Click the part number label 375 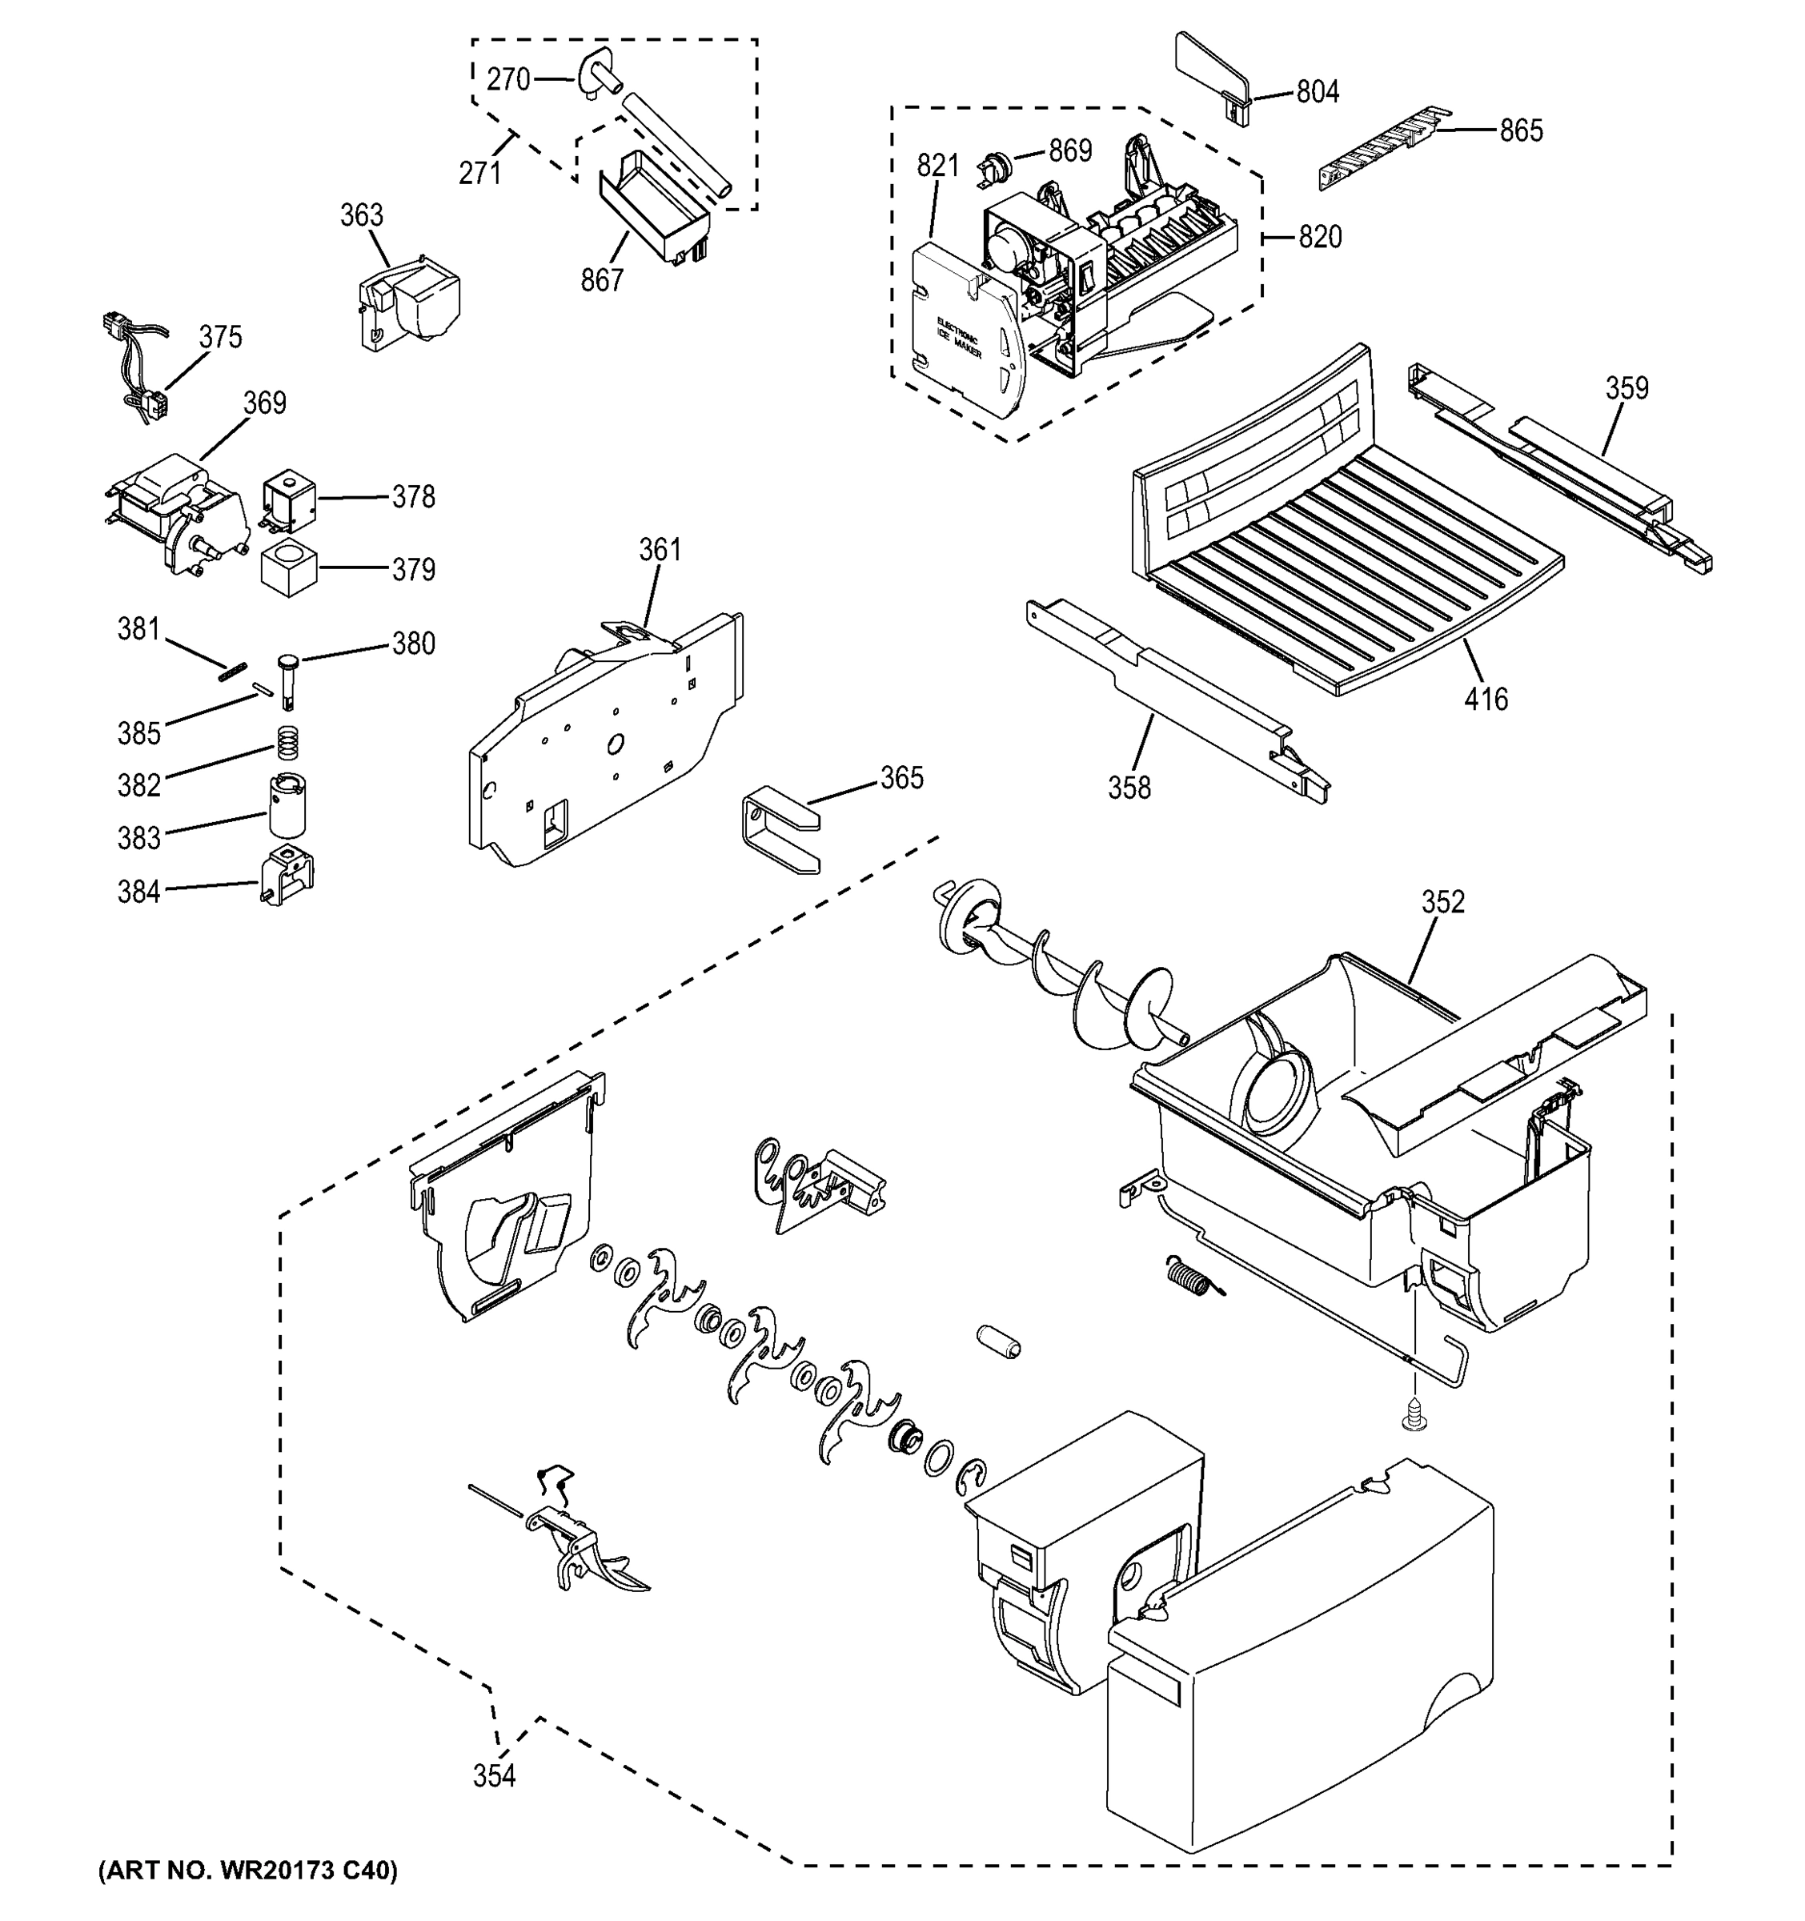coord(220,337)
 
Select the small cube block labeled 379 coord(288,569)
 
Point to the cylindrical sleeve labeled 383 coord(286,805)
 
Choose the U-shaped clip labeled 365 coord(779,830)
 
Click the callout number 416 coord(1485,699)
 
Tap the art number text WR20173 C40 coord(247,1871)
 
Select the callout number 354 coord(494,1775)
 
